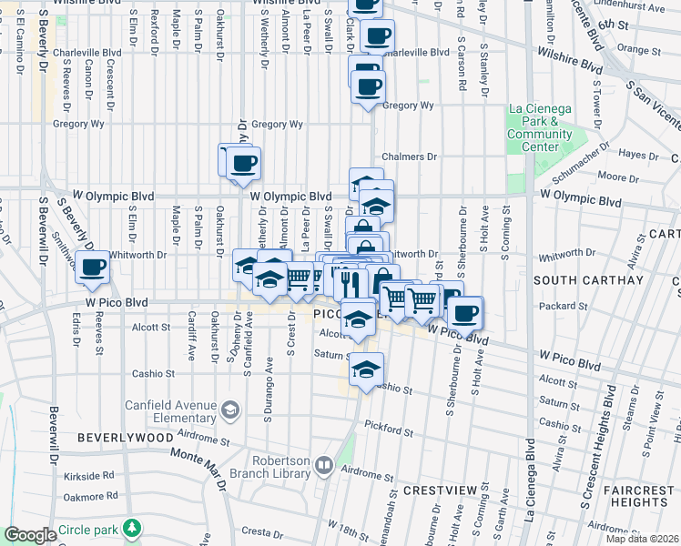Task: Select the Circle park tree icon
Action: [x=133, y=528]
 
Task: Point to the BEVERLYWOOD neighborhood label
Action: [x=125, y=438]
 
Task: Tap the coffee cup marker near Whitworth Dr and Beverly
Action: [x=92, y=268]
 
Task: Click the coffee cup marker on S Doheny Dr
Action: [x=243, y=164]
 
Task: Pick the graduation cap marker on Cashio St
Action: [x=366, y=369]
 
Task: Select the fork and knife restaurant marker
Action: [x=349, y=283]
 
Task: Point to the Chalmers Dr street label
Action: [x=410, y=157]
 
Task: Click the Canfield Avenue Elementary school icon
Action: [x=230, y=411]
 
